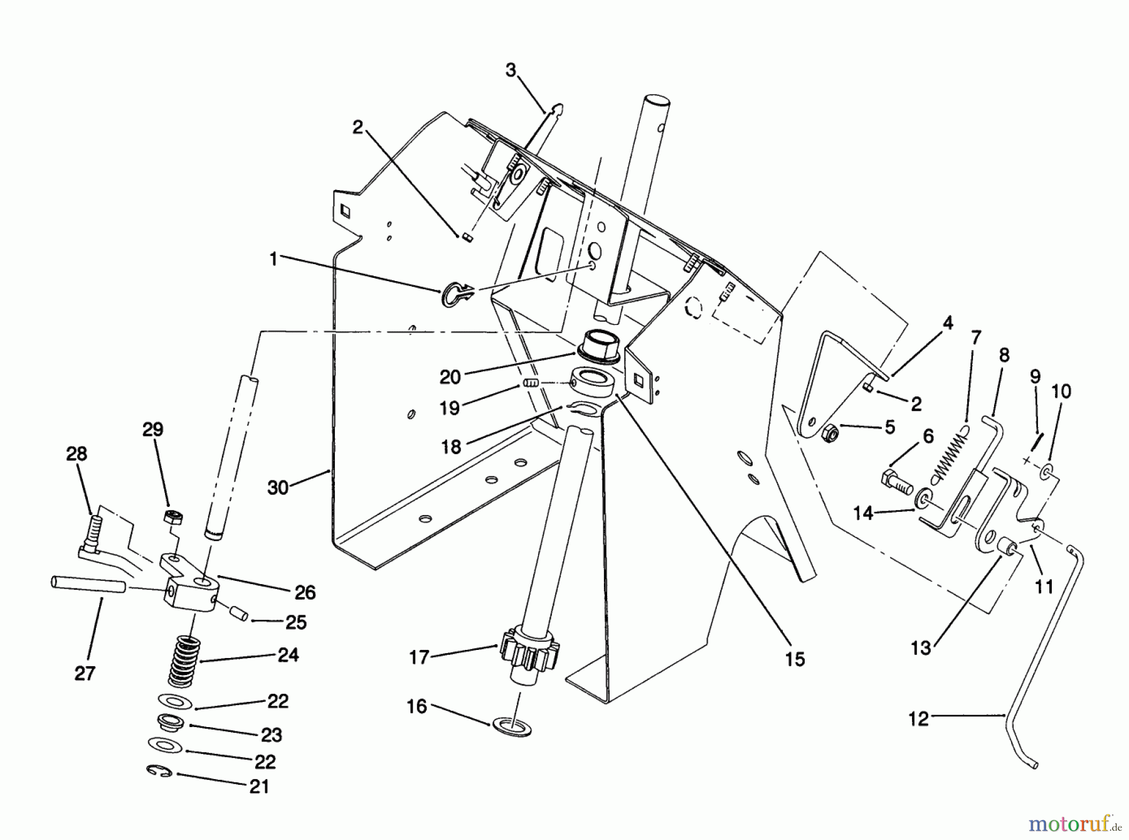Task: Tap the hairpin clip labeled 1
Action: (x=456, y=294)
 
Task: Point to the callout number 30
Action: (x=277, y=487)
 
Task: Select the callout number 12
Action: (x=918, y=719)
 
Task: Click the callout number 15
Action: (x=794, y=659)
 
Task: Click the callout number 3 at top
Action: (x=511, y=70)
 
